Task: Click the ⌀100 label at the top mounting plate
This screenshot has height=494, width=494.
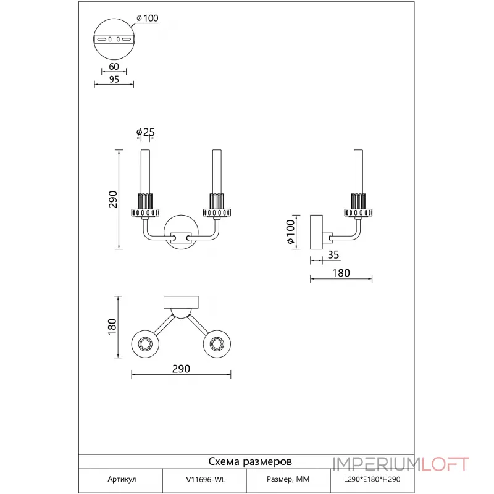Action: (x=148, y=19)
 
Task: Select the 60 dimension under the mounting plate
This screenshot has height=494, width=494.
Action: (x=114, y=67)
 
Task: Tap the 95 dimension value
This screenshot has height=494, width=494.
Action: (x=114, y=79)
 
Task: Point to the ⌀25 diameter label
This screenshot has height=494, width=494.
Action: (x=146, y=132)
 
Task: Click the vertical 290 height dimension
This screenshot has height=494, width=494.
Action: (x=113, y=199)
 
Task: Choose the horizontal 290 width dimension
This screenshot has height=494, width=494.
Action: (x=181, y=369)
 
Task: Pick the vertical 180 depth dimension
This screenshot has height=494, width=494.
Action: (x=112, y=327)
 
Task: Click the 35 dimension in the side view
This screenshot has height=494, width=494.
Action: (x=333, y=254)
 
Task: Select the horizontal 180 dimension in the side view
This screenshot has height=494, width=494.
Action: (x=341, y=273)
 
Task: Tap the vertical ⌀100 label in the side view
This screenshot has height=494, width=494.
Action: (x=290, y=232)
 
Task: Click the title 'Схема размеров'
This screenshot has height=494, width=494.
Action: (x=250, y=461)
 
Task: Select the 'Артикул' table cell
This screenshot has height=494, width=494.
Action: (x=122, y=479)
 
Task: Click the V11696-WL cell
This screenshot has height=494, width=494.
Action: (x=206, y=480)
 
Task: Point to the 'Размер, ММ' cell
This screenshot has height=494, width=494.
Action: (x=288, y=479)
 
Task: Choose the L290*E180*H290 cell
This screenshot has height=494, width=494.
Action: (x=372, y=480)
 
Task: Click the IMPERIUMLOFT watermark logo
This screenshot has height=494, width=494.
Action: (x=401, y=464)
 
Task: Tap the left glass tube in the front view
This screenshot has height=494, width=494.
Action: (x=145, y=172)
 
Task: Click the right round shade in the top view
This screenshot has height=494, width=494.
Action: (x=217, y=344)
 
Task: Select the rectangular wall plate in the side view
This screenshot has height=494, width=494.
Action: (x=316, y=232)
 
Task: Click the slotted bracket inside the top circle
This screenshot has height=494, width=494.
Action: (x=114, y=40)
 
